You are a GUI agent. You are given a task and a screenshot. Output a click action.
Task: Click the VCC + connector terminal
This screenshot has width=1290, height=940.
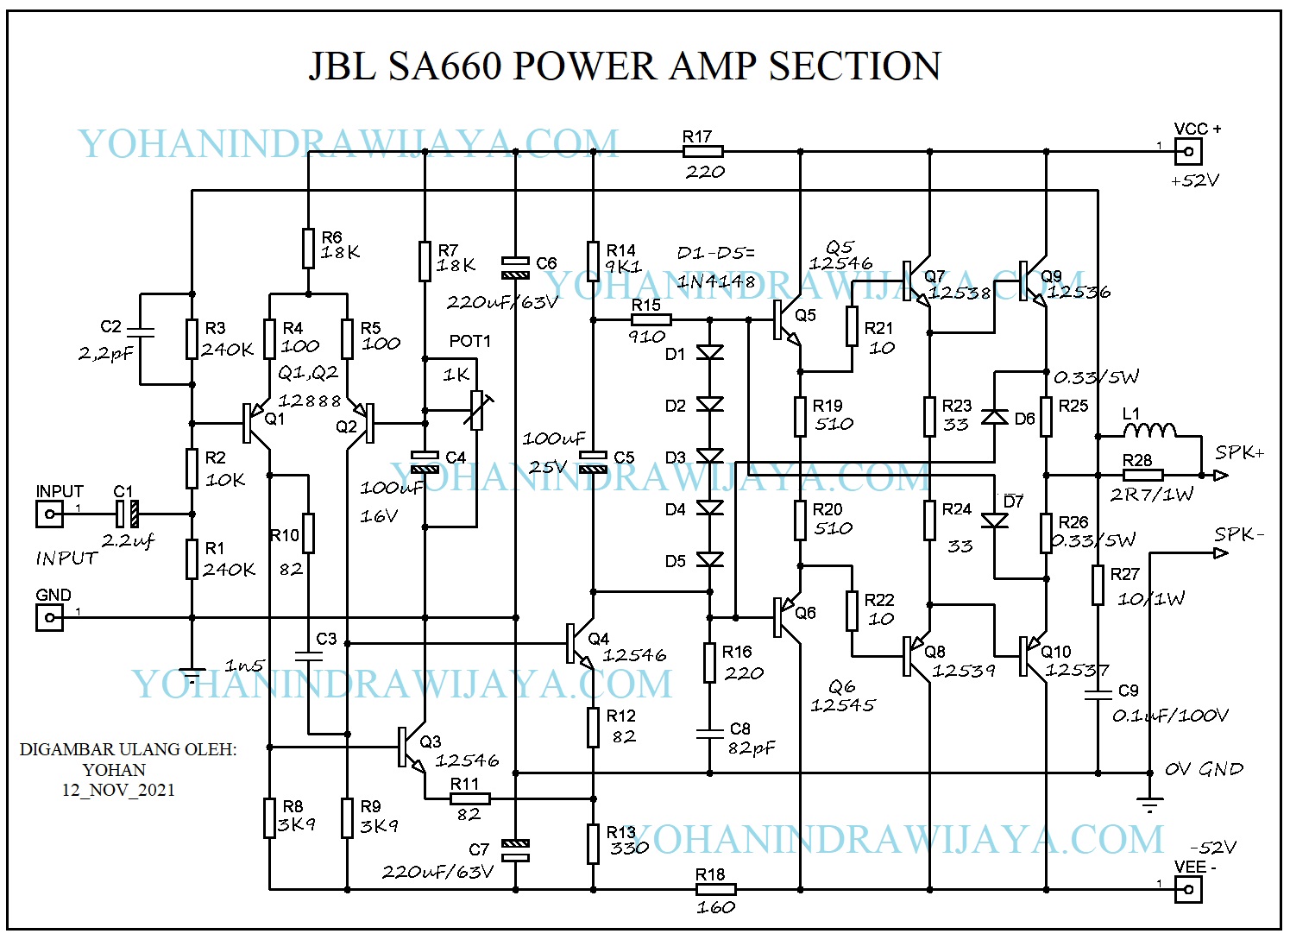[1188, 152]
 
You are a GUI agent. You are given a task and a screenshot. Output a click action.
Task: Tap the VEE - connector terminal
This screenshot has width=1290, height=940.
[1188, 889]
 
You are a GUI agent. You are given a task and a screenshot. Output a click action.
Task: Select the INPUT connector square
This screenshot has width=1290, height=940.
[49, 514]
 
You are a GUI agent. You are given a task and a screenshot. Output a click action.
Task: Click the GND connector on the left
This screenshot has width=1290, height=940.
[49, 618]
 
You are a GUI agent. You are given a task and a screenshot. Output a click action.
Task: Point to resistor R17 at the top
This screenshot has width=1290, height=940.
[702, 152]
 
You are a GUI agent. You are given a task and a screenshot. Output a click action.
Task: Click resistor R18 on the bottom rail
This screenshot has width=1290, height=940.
[715, 889]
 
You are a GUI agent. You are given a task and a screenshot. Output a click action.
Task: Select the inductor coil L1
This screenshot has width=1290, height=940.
[1149, 430]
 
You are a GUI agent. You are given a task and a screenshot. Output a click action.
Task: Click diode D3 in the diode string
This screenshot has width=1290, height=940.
[710, 457]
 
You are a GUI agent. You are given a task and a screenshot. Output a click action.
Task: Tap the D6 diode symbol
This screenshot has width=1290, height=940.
[995, 418]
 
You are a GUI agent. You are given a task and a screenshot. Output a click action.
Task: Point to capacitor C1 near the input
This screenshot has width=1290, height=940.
[127, 514]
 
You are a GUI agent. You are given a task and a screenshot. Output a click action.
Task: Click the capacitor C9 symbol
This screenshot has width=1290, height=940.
[1098, 694]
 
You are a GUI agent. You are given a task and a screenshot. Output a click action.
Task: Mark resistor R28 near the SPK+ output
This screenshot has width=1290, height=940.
[1142, 475]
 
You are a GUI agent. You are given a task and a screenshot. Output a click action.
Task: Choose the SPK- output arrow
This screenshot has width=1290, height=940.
[1220, 552]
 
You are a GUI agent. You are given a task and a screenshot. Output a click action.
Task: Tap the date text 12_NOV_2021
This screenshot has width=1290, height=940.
[118, 790]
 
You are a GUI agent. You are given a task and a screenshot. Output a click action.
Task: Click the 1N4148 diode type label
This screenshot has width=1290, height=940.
[715, 281]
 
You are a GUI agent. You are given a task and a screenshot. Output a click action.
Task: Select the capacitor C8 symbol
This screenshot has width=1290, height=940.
[710, 733]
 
